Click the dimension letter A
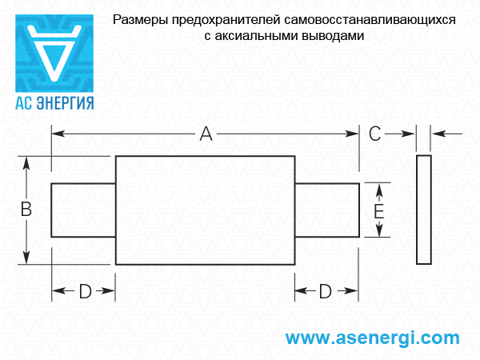coord(206,135)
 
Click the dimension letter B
coord(26,210)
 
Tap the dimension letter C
coord(375,134)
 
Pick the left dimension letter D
coord(85,292)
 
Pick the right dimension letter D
coord(326,292)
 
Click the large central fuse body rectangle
coord(205,210)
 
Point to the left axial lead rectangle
coord(83,210)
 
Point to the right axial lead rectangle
coord(326,210)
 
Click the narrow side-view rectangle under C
coord(424,210)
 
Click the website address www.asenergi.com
coord(373,338)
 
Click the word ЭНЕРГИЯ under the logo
coord(66,103)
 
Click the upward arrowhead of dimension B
coord(27,162)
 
